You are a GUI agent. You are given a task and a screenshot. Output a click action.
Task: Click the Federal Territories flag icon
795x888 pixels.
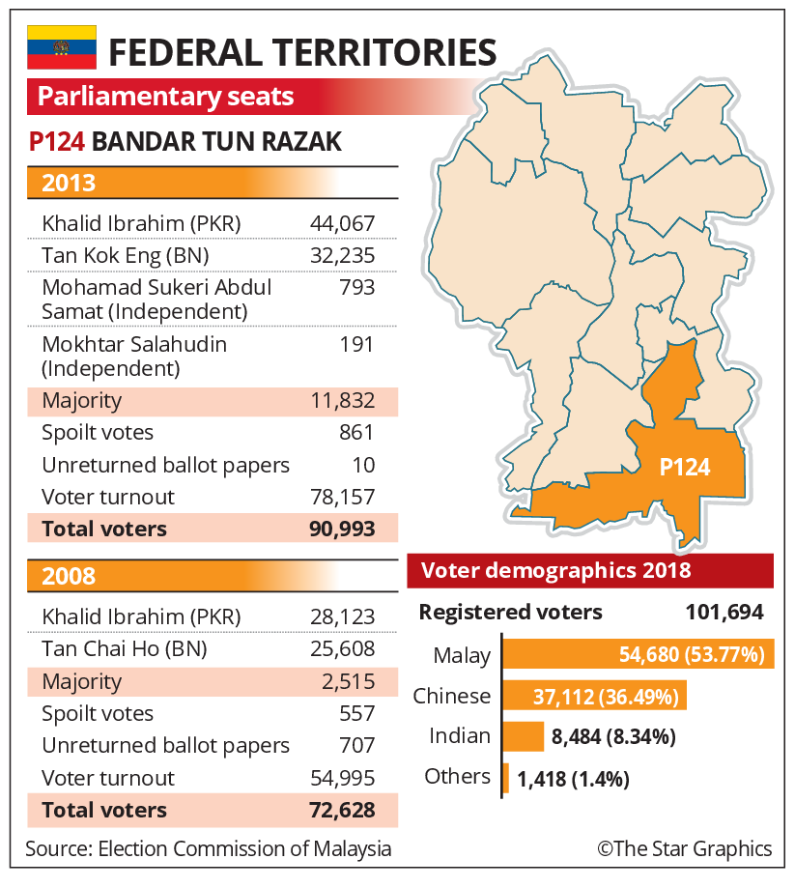point(62,47)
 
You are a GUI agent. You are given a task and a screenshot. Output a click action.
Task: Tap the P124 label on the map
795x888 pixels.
point(685,468)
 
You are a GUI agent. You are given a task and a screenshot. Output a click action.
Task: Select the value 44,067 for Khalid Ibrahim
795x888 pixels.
point(343,223)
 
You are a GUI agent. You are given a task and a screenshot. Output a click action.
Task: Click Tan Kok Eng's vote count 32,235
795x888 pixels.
point(343,255)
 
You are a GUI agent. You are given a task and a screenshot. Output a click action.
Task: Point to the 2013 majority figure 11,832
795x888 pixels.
point(343,400)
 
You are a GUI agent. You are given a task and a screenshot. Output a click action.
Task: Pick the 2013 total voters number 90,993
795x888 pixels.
point(342,529)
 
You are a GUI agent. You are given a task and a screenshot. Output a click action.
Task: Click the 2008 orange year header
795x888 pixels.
point(213,576)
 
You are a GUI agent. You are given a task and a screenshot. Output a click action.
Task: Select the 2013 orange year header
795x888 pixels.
point(213,183)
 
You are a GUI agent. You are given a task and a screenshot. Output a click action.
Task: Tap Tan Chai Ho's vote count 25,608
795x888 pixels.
point(343,648)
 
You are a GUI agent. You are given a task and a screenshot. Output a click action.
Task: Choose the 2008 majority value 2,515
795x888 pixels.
point(349,681)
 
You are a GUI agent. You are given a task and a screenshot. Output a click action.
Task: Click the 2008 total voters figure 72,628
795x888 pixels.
point(342,810)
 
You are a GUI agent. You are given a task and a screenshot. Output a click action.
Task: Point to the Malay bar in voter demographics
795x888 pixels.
point(639,654)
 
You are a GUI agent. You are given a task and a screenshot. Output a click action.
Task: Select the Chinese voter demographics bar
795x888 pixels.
point(594,696)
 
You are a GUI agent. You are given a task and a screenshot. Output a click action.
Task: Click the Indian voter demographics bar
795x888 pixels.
point(524,736)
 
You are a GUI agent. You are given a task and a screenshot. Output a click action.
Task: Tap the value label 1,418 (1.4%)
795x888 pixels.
point(573,779)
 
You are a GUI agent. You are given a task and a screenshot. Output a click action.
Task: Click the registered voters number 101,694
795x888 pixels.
point(724,613)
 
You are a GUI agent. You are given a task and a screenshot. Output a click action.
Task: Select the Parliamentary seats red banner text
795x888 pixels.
point(165,97)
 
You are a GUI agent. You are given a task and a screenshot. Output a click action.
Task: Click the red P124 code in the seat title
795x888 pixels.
point(57,142)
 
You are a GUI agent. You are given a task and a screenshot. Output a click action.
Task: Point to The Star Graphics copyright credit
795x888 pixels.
point(685,848)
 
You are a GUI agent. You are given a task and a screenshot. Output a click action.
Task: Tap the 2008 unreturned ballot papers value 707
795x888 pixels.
point(356,745)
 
